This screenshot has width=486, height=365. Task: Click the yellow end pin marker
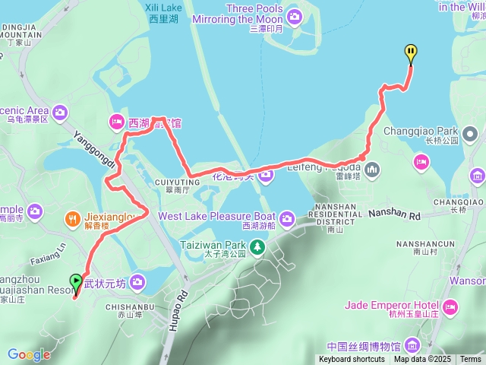411,52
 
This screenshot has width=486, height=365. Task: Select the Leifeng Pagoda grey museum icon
371,168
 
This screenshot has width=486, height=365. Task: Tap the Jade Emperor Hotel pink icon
450,307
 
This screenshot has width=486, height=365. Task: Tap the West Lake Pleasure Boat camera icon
286,219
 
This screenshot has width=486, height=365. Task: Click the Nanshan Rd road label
394,216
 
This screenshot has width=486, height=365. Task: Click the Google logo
29,354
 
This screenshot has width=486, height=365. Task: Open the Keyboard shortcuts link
352,359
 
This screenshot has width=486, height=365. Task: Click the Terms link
470,359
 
